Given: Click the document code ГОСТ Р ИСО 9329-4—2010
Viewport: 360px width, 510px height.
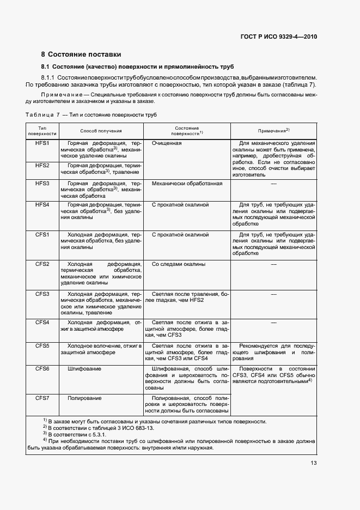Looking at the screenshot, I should (278, 37).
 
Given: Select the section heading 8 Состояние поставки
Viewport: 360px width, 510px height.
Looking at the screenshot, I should (81, 54).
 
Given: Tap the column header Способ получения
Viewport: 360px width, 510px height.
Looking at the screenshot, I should (101, 131).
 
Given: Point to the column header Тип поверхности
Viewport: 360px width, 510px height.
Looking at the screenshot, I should (42, 131).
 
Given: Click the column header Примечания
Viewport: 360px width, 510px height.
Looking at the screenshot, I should (273, 131).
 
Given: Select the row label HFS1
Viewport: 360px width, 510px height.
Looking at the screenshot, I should (42, 143).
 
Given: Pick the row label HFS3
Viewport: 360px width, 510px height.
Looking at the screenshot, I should (42, 184).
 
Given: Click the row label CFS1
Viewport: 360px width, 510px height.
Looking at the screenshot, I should (42, 235).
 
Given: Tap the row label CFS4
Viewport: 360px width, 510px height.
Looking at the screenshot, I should (42, 323).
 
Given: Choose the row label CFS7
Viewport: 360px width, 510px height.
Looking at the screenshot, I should (42, 398).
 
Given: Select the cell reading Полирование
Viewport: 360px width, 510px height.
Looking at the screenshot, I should (84, 398).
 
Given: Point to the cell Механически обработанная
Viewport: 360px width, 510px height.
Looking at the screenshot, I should (187, 184).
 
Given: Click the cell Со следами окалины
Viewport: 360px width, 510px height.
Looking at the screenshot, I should (179, 264).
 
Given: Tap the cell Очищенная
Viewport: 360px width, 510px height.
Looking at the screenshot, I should (167, 143).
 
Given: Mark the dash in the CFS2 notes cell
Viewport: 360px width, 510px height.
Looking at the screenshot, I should (273, 264).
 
